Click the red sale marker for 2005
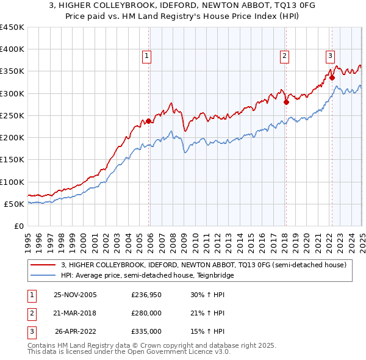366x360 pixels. pyautogui.click(x=149, y=121)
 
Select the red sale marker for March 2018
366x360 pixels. pyautogui.click(x=285, y=102)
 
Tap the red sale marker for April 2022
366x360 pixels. pyautogui.click(x=332, y=77)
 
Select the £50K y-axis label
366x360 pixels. pyautogui.click(x=15, y=204)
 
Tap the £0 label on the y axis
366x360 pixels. pyautogui.click(x=20, y=226)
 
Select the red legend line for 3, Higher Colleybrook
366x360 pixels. pyautogui.click(x=43, y=265)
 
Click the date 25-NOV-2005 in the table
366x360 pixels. pyautogui.click(x=75, y=296)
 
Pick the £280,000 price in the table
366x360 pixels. pyautogui.click(x=146, y=314)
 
